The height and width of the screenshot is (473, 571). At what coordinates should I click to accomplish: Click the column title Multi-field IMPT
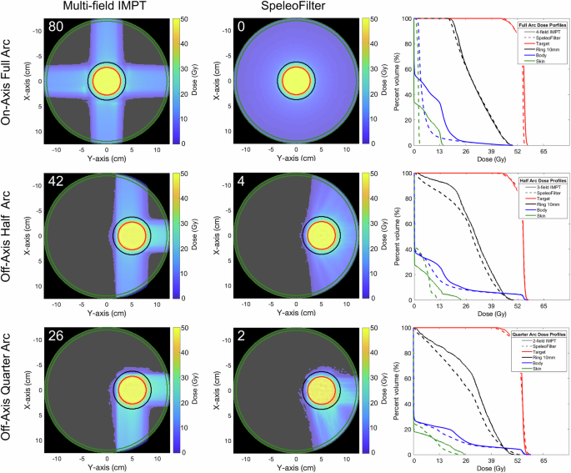(x=106, y=8)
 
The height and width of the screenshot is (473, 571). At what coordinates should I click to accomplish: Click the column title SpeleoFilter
(x=295, y=8)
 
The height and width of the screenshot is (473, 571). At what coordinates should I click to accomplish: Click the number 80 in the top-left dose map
(x=56, y=26)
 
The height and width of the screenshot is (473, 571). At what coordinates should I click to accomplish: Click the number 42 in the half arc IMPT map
(x=56, y=181)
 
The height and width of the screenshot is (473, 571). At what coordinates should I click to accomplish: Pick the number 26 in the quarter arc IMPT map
(x=56, y=336)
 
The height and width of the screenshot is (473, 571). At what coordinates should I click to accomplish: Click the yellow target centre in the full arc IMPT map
(x=107, y=81)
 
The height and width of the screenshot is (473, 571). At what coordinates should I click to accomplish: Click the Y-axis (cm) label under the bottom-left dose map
(x=107, y=468)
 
